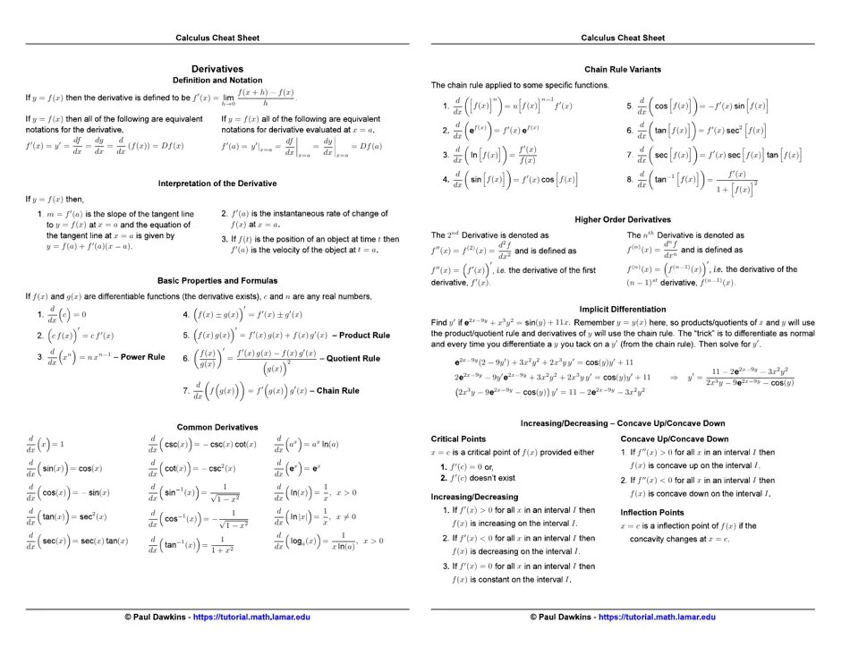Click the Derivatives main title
[x=217, y=69]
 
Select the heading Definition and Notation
[x=217, y=81]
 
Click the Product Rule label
[x=361, y=335]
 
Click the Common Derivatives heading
[x=217, y=427]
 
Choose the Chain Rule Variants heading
[x=623, y=69]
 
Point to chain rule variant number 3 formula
[x=496, y=155]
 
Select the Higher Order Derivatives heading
[x=623, y=219]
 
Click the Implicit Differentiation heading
[x=623, y=309]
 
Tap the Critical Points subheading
[x=458, y=439]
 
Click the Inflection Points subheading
[x=652, y=512]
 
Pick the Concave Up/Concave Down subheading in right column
[x=674, y=439]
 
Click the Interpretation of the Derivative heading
[x=217, y=183]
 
